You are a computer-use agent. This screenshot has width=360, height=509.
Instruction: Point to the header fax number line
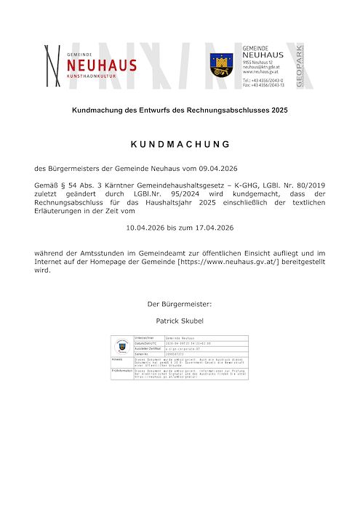pos(263,85)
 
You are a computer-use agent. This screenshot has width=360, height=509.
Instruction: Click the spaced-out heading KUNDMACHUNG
pos(180,143)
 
